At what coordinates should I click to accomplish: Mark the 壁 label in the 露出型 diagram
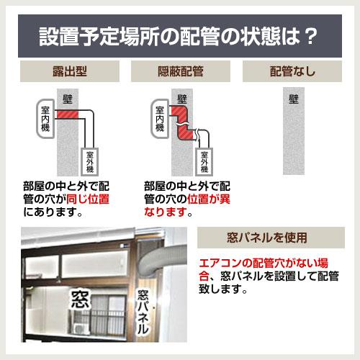70,97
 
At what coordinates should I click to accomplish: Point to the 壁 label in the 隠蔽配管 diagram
182,97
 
